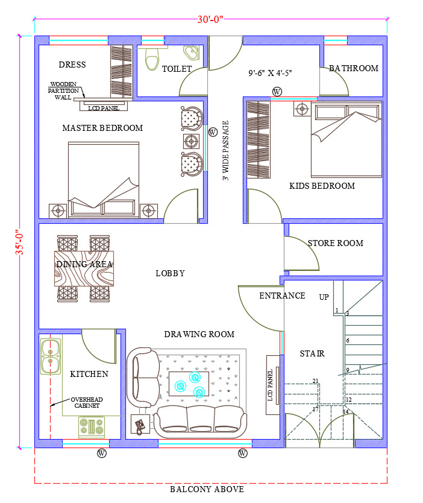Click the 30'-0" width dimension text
[210, 19]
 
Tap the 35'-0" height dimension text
[19, 242]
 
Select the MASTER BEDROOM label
[102, 128]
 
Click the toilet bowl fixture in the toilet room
[152, 59]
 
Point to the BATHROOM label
[354, 68]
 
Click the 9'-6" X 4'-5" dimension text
[270, 73]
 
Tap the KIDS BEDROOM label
[322, 186]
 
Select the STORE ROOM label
[336, 243]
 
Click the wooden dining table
[84, 268]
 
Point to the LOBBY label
[170, 273]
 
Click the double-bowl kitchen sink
[50, 356]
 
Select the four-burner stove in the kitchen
[92, 427]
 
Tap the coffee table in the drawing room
[189, 384]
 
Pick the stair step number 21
[315, 381]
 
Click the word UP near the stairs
[324, 297]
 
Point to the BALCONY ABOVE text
[207, 489]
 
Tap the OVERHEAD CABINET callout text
[87, 403]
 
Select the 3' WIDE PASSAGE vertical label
[225, 150]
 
